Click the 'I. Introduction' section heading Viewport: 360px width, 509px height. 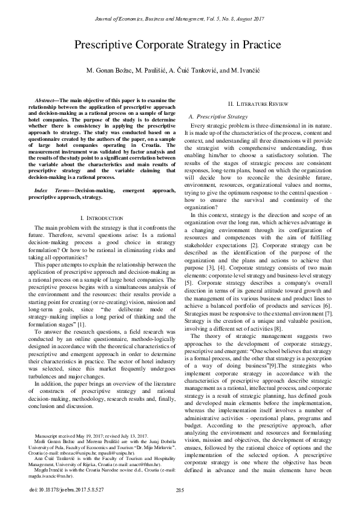tap(97, 216)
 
